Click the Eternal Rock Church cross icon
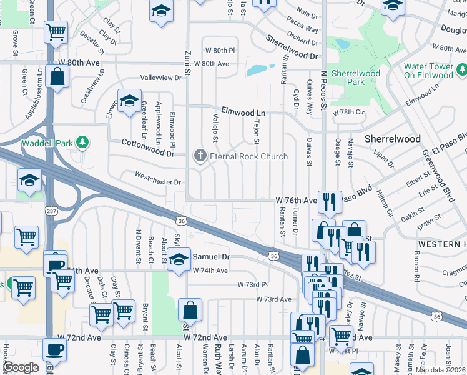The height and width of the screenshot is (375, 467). [x=200, y=156]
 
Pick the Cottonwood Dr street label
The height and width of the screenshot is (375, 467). [x=148, y=147]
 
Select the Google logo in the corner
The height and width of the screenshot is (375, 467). [x=21, y=367]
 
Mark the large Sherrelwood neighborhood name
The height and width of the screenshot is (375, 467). [x=392, y=138]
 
